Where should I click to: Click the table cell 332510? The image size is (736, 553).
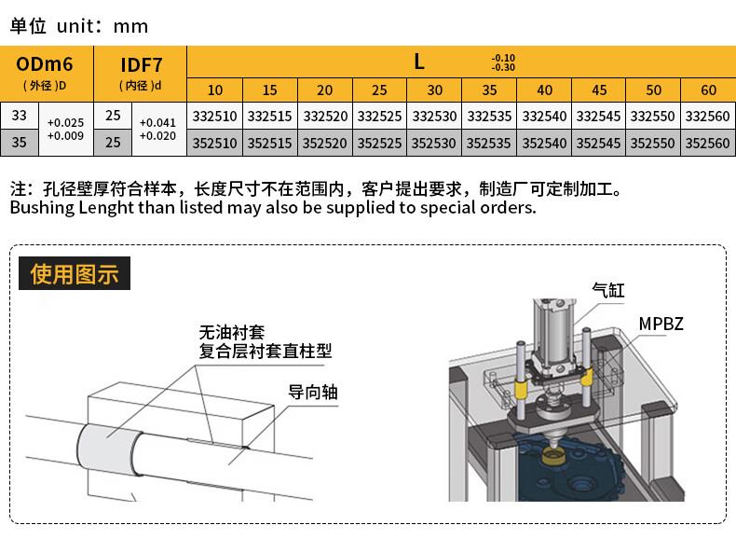coord(214,116)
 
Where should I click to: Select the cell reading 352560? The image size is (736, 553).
coord(708,143)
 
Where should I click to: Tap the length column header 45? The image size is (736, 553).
coord(599,90)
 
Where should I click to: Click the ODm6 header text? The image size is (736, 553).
coord(45,64)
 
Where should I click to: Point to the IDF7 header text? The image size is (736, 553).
coord(142,65)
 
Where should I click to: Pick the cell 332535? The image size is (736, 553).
coord(489,116)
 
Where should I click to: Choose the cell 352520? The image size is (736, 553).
coord(324,143)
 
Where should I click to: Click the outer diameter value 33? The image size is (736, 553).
coord(20,115)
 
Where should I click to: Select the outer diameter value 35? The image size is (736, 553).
coord(20,143)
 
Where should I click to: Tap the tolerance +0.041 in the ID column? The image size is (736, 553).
coord(157,122)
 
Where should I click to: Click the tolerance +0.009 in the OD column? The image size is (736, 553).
coord(66,136)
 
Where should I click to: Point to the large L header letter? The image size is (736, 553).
coord(419,62)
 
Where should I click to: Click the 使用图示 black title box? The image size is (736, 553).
coord(75,273)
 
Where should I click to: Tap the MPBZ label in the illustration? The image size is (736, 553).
coord(661,324)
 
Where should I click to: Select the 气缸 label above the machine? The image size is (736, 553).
coord(608,290)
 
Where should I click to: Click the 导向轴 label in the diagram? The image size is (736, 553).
coord(313,392)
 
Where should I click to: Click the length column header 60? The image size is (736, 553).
coord(708,90)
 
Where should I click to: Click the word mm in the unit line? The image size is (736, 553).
coord(130,27)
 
